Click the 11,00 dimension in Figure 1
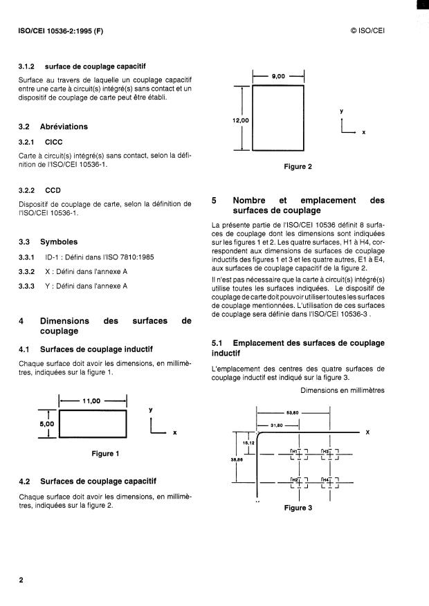[93, 401]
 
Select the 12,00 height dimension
[241, 120]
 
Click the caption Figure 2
[298, 167]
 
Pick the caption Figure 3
[298, 508]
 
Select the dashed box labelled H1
[298, 454]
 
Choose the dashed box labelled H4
[329, 482]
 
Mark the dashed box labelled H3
[329, 454]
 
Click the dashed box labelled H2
[298, 482]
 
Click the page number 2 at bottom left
[21, 579]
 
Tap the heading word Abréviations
[64, 127]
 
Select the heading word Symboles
[59, 242]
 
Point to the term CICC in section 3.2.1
[54, 142]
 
